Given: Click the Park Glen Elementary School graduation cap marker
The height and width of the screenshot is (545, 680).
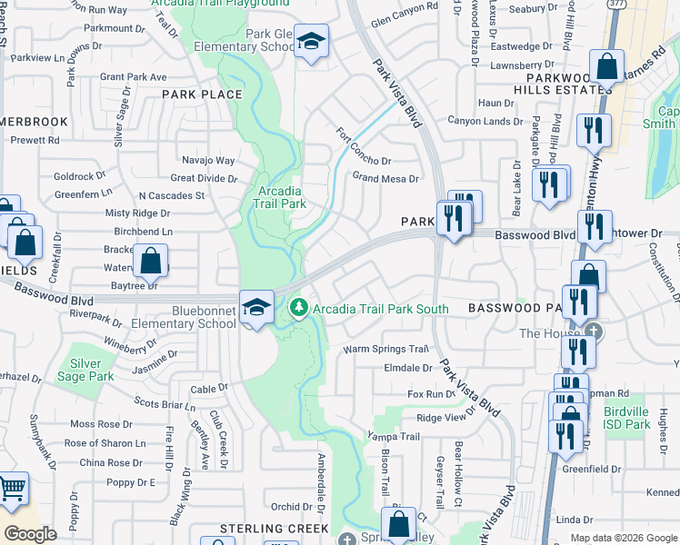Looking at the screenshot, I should pos(311,42).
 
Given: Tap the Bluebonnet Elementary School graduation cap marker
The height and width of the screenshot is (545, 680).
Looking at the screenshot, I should pos(256,307).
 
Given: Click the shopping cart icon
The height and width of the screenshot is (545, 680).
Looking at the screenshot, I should pos(10,490).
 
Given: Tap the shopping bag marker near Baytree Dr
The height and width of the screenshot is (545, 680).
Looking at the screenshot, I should pos(150,261).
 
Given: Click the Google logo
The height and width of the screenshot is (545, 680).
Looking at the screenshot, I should pos(30,534).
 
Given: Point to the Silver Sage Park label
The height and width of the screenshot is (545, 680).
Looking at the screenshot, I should pos(85,370).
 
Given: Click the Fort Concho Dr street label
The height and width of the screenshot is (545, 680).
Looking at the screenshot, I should pos(363,144).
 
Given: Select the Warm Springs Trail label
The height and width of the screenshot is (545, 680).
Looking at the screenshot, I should pos(385,349).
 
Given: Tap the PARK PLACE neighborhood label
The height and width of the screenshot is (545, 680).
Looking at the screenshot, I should pos(202,94).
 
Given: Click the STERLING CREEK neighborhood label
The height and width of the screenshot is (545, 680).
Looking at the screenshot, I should pos(274,528).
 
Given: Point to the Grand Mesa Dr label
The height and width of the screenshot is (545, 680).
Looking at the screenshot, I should pos(385,178).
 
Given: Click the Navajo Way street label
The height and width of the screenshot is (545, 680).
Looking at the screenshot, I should pos(208,161).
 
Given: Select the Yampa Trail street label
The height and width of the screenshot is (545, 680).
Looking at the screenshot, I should pos(393,436).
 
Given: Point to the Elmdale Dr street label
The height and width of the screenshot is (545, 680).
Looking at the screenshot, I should pos(408,368).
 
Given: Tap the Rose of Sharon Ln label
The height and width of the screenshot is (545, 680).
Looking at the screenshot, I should pos(105,442).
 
